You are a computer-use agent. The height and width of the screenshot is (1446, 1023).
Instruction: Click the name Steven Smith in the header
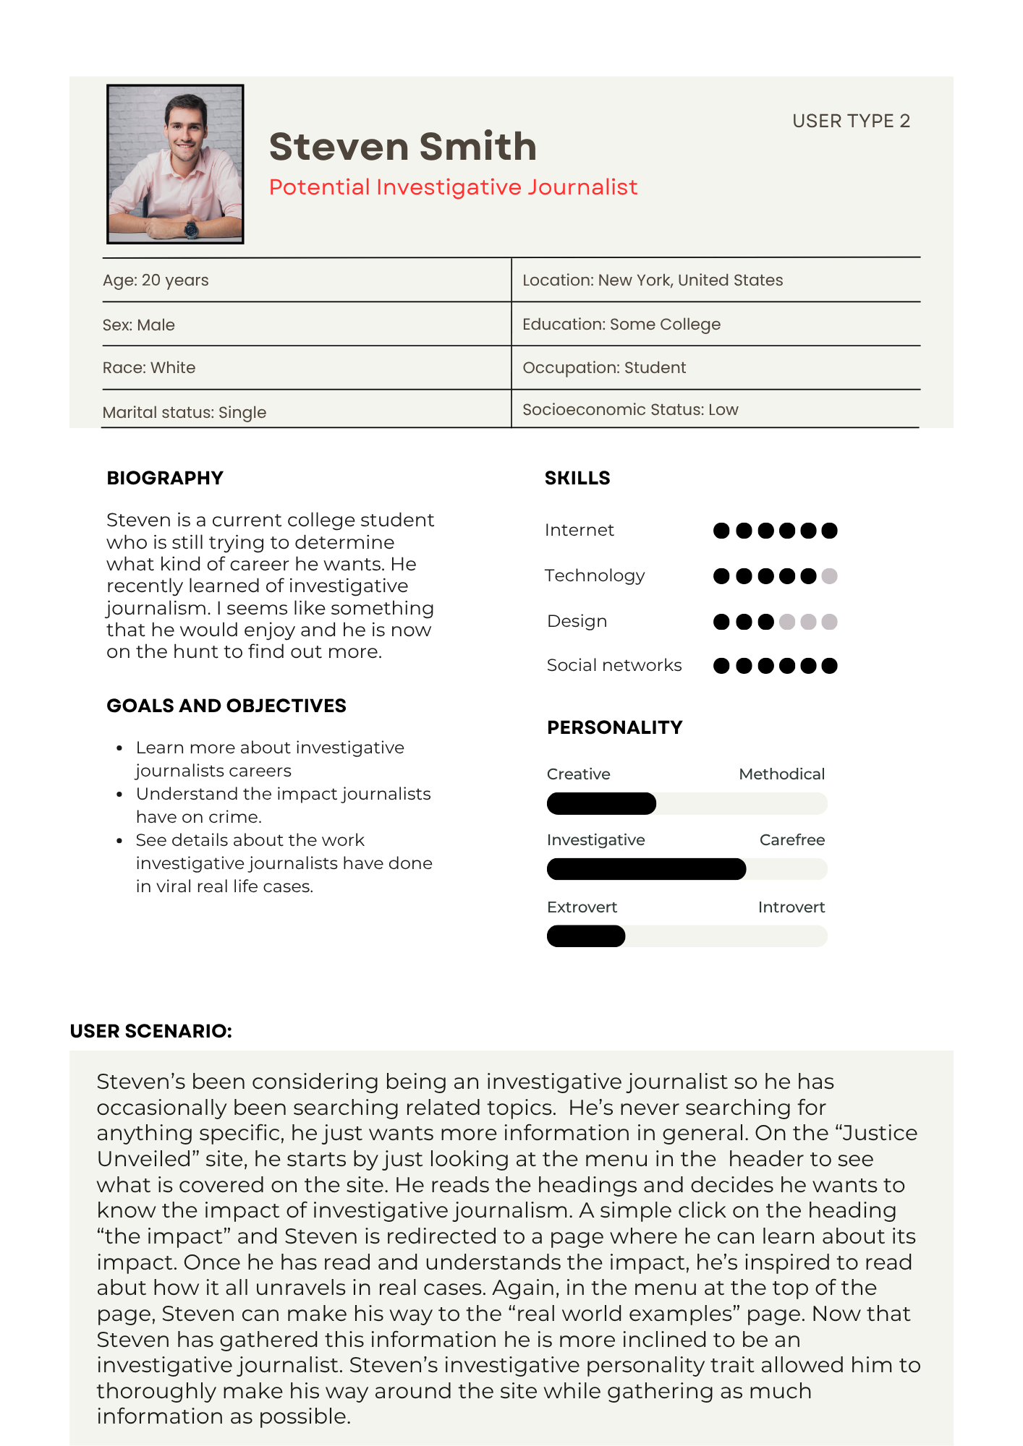tap(402, 147)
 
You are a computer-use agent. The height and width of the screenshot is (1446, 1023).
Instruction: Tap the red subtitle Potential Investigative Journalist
tap(453, 187)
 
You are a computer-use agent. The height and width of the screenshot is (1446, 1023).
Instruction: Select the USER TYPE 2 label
tap(851, 121)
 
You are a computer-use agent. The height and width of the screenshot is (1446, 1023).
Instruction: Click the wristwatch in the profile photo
tap(191, 229)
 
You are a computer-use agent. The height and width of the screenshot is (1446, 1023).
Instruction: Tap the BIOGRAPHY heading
tap(165, 478)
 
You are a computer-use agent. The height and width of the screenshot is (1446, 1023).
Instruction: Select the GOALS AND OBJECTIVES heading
tap(226, 706)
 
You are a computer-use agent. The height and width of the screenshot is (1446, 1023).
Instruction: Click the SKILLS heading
tap(577, 478)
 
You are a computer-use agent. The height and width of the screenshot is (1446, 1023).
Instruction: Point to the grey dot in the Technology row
tap(830, 576)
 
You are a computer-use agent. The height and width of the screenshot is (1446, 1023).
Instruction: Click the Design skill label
tap(577, 621)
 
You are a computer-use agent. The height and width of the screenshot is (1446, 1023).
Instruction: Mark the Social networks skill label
tap(614, 665)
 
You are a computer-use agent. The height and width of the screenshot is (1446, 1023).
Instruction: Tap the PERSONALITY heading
tap(615, 727)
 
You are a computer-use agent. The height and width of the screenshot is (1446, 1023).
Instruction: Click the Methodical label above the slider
tap(781, 774)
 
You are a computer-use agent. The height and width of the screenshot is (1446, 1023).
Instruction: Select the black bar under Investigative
tap(646, 869)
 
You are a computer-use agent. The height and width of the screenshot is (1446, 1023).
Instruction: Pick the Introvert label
tap(791, 907)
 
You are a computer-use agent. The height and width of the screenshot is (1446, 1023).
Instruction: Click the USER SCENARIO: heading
tap(151, 1031)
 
